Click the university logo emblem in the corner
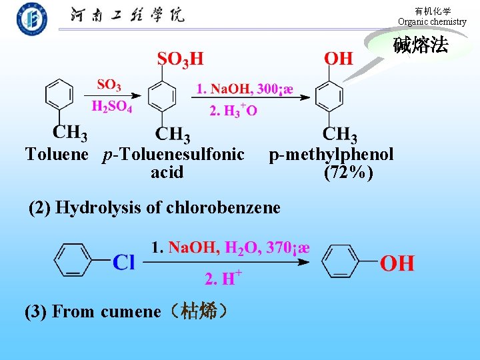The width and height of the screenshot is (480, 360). pos(32,19)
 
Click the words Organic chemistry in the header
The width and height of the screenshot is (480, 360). pos(432,22)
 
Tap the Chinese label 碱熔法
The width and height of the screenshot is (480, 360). pos(420,45)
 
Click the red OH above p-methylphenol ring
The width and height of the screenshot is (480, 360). pos(339,59)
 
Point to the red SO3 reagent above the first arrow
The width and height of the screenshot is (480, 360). pos(109,85)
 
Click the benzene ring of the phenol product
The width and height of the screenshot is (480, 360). pos(344,260)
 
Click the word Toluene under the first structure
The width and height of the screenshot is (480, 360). pos(57,155)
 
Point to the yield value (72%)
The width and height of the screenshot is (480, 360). pos(348,173)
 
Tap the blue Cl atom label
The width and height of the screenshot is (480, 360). pos(124,262)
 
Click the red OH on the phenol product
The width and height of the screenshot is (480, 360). pos(397,263)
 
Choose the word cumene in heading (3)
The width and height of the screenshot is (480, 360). pos(131,311)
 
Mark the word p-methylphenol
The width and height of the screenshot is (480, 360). pos(331,155)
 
